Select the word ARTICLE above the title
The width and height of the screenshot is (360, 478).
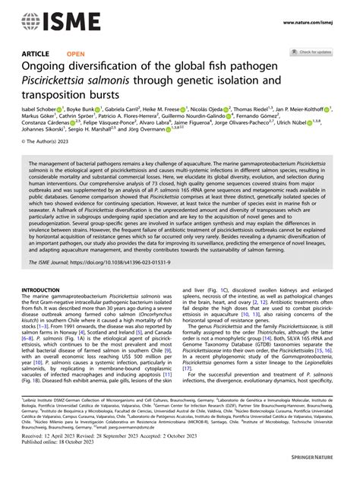pos(34,54)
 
